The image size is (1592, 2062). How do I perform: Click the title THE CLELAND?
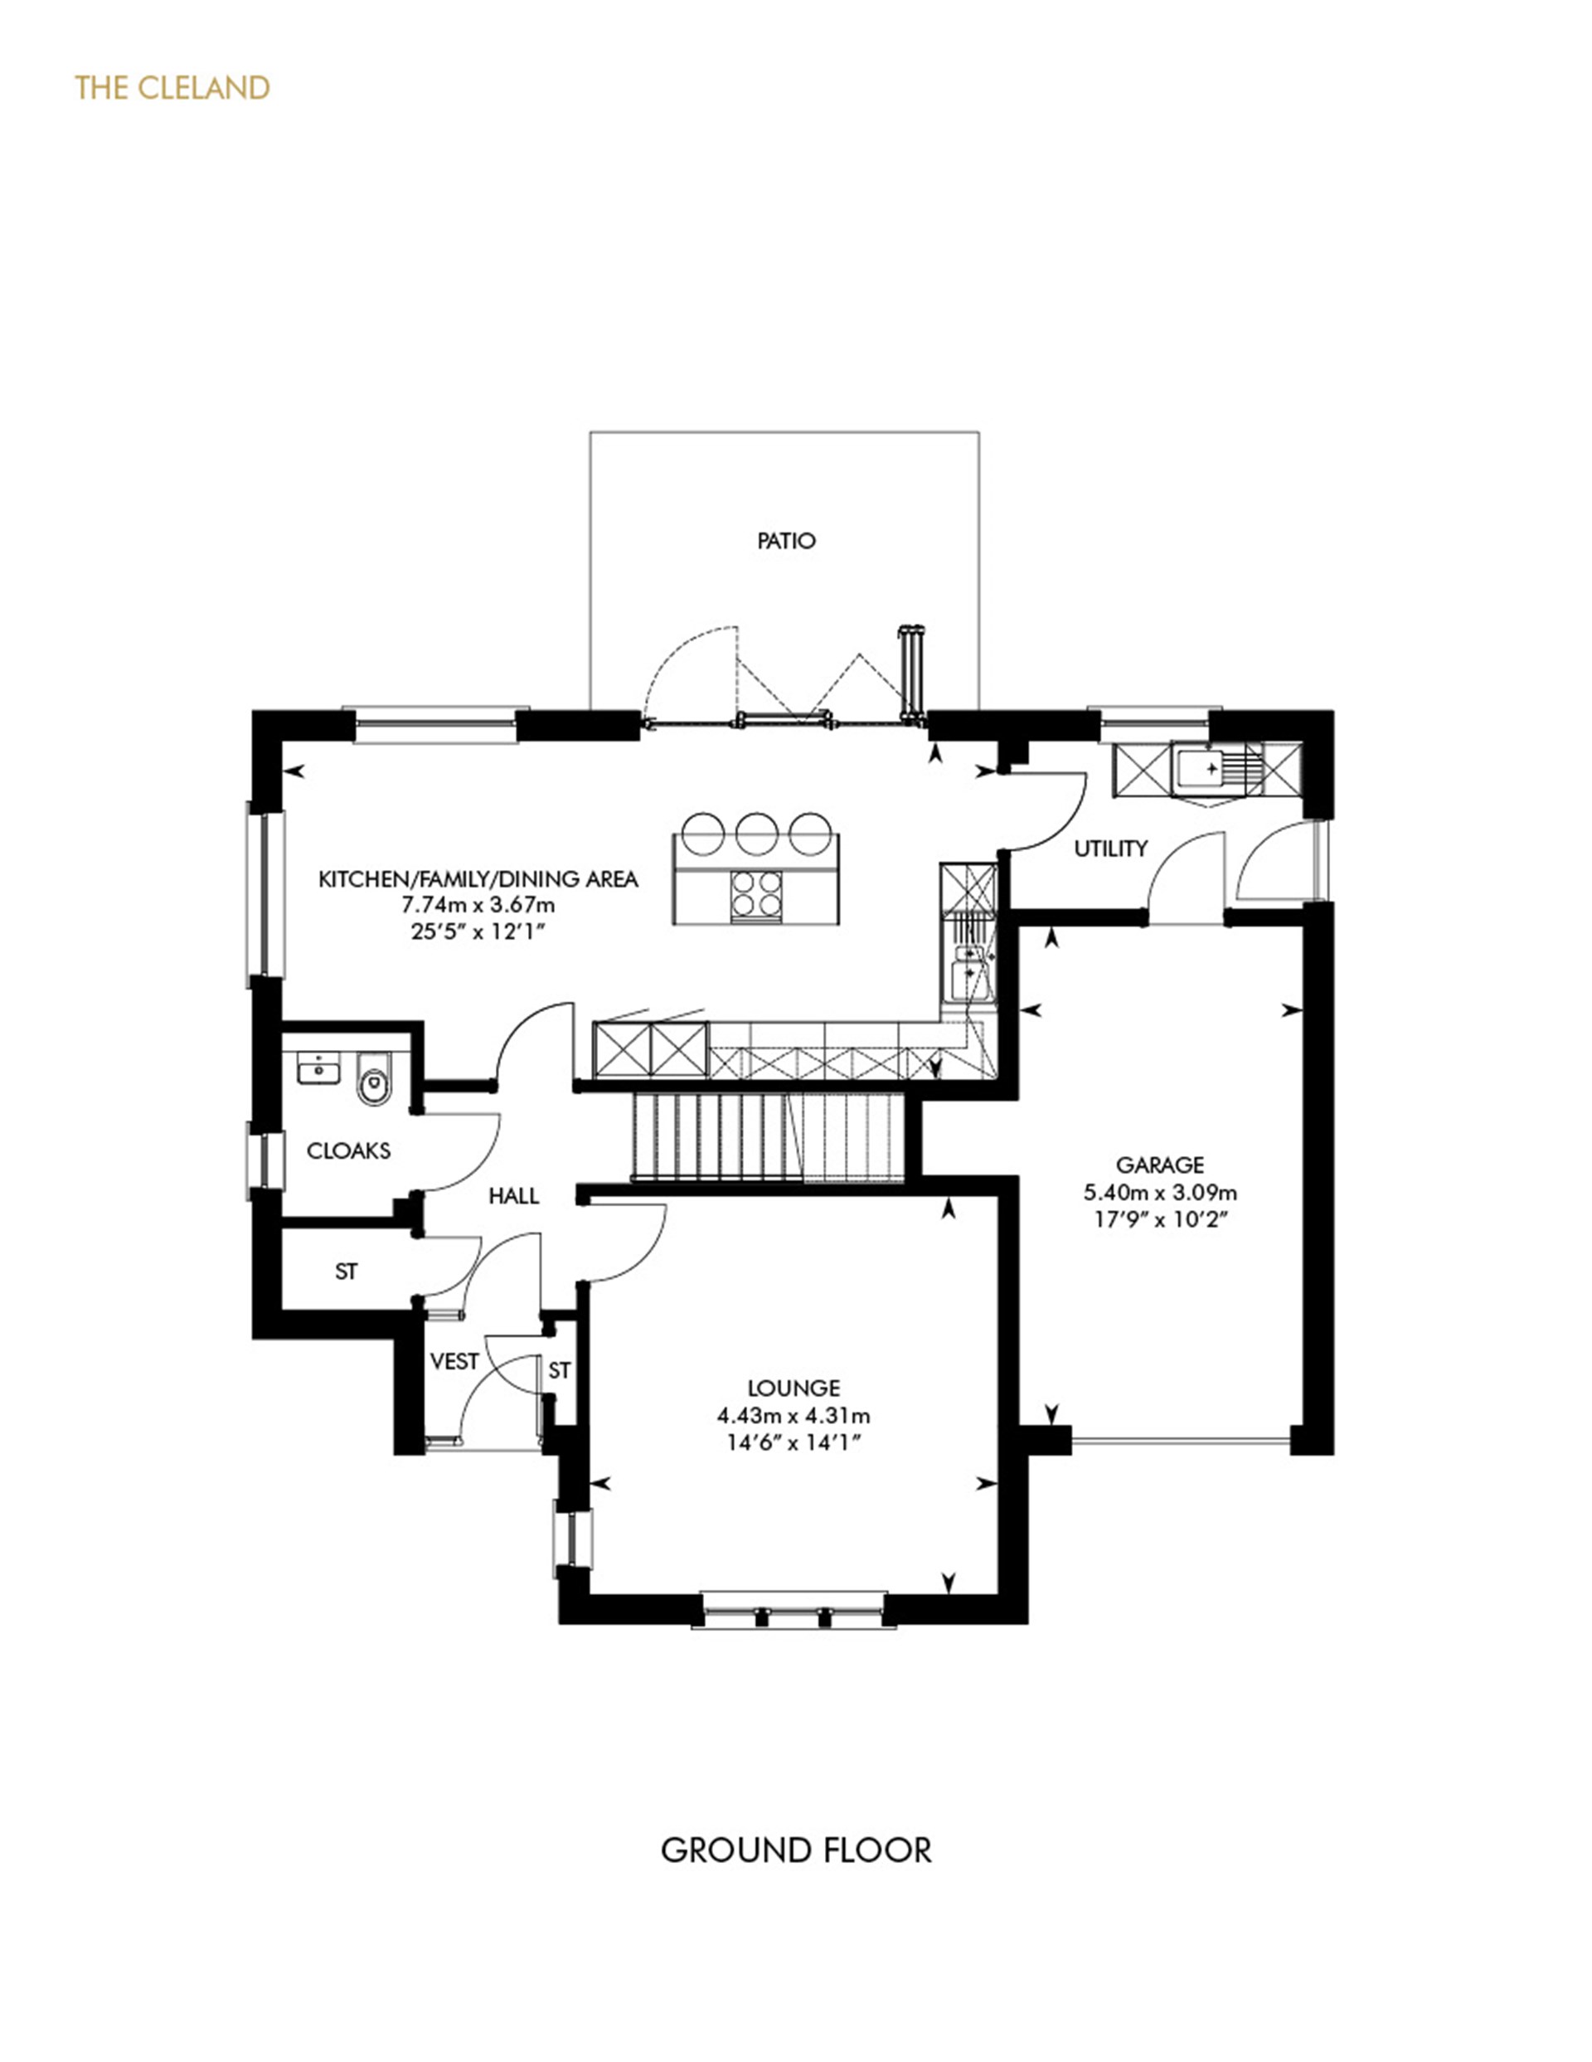pyautogui.click(x=172, y=88)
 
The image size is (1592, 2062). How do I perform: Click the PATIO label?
pyautogui.click(x=786, y=541)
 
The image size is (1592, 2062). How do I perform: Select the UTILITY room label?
pyautogui.click(x=1111, y=849)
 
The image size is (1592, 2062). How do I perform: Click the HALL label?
pyautogui.click(x=513, y=1196)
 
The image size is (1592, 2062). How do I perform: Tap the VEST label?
pyautogui.click(x=454, y=1361)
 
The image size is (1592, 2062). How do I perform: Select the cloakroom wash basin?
pyautogui.click(x=318, y=1070)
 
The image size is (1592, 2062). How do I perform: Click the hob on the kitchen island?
pyautogui.click(x=757, y=892)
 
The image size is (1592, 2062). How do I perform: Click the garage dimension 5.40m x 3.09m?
pyautogui.click(x=1160, y=1193)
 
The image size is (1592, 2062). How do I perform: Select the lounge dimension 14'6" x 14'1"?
pyautogui.click(x=794, y=1442)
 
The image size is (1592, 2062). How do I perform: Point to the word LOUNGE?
pyautogui.click(x=794, y=1388)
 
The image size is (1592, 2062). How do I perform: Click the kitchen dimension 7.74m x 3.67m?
pyautogui.click(x=478, y=904)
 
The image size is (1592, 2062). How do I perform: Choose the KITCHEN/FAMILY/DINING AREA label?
pyautogui.click(x=478, y=879)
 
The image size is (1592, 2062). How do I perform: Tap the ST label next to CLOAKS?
pyautogui.click(x=347, y=1272)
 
